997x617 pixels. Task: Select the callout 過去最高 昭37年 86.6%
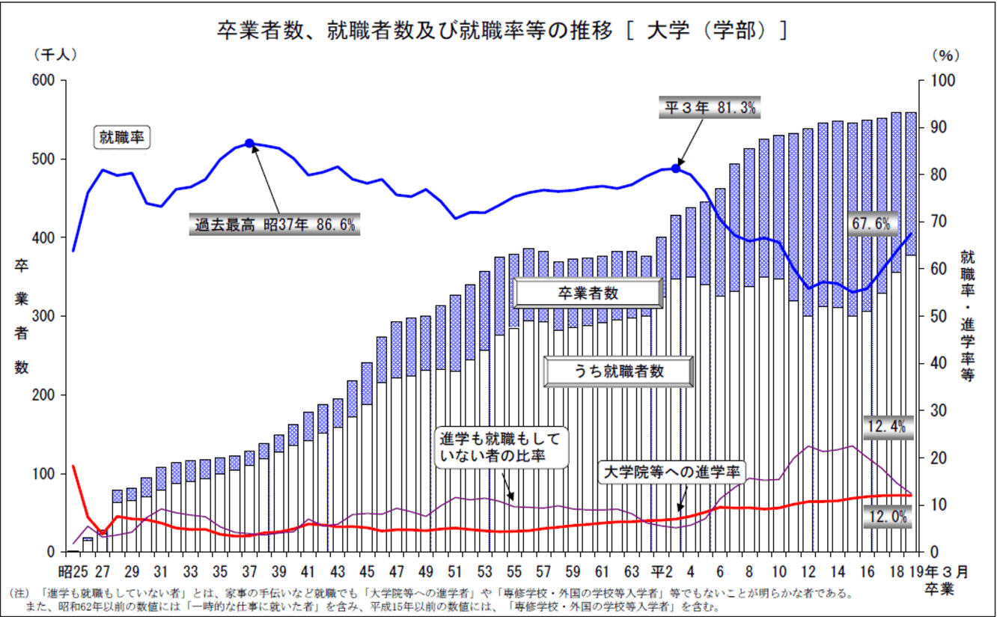coord(275,224)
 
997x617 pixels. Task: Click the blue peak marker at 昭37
coord(249,143)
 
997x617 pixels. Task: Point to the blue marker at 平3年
coord(676,168)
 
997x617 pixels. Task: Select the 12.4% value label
coord(886,427)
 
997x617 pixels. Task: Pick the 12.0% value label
coord(888,516)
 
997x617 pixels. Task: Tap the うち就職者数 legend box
coord(618,370)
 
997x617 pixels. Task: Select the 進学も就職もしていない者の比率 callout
coord(499,447)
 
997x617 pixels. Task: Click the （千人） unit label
coord(55,55)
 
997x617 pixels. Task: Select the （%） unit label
coord(945,55)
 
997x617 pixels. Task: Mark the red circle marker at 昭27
coord(103,533)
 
